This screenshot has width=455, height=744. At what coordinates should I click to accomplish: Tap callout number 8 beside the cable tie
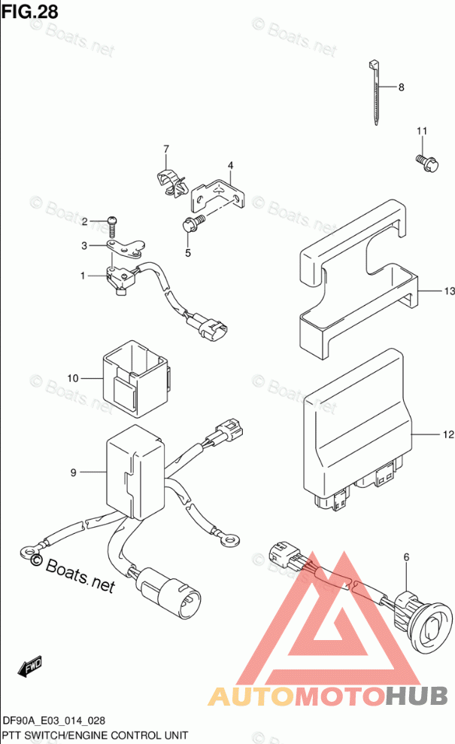point(401,87)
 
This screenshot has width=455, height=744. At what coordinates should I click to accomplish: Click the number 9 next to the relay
point(73,472)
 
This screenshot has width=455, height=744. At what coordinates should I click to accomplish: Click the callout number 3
point(85,245)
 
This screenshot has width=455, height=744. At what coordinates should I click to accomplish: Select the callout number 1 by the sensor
point(85,276)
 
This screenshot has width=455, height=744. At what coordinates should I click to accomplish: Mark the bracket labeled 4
point(219,194)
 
